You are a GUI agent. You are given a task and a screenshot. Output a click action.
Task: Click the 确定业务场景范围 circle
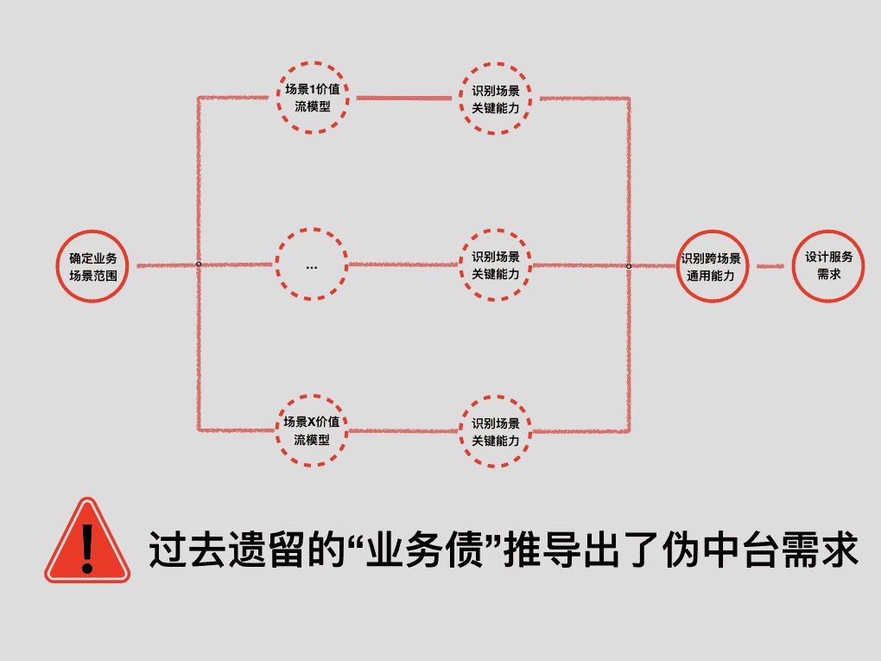pos(93,265)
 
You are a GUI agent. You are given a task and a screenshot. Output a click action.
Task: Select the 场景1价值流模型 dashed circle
pos(312,97)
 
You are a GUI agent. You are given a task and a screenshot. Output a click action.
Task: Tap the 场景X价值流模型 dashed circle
pos(312,429)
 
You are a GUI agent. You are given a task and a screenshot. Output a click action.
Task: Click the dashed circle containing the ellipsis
pos(312,264)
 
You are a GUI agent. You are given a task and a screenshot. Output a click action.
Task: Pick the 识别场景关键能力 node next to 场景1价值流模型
pos(495,97)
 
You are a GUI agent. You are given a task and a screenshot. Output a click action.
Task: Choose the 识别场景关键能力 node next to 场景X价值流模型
pos(495,430)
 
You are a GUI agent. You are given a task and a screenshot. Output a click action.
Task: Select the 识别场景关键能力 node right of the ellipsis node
pos(495,264)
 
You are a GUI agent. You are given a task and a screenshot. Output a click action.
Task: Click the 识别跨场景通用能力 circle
pos(710,266)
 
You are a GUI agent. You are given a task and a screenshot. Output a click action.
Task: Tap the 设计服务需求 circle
pos(828,266)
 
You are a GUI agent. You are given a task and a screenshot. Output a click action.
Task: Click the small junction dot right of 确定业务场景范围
pos(199,264)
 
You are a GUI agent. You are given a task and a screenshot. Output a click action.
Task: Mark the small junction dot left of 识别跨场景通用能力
pos(629,265)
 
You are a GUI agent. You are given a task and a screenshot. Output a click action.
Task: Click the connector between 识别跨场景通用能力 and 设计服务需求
pos(770,266)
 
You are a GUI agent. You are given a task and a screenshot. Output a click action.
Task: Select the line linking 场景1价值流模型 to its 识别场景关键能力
pos(403,97)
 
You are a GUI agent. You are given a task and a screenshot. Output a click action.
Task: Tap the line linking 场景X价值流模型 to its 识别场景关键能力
pos(403,430)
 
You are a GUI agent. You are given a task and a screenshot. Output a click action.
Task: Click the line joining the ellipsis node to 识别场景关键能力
pos(403,264)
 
